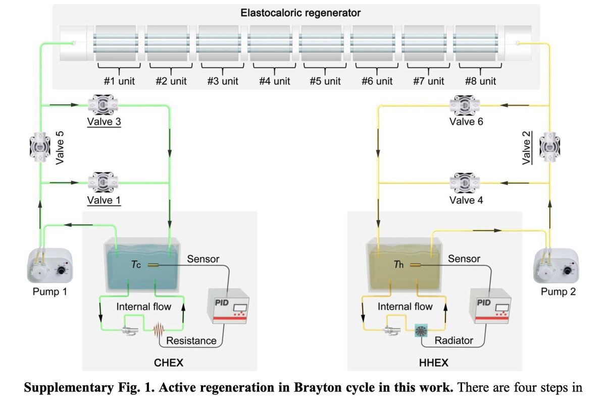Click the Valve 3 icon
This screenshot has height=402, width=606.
103,105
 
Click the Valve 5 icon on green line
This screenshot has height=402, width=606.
40,144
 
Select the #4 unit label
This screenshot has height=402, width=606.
274,81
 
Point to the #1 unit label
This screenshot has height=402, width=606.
119,81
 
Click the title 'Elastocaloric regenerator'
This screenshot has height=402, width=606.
300,12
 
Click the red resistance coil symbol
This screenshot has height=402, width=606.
159,331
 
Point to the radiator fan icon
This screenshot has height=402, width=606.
420,331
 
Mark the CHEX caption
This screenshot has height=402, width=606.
169,362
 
